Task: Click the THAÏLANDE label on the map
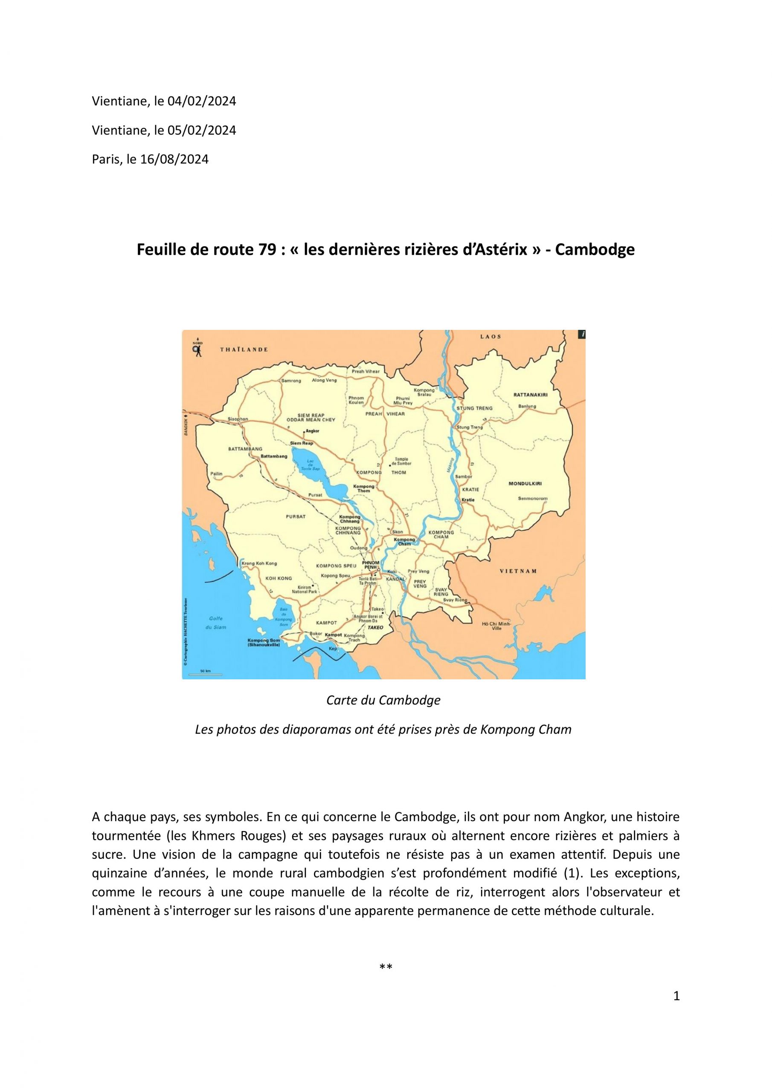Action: [244, 349]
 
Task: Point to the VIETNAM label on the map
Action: [518, 571]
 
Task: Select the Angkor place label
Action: [312, 431]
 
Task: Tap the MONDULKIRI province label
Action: [525, 484]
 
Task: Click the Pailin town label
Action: [216, 474]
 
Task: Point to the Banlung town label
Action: [527, 406]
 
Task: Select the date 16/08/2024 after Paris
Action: [174, 159]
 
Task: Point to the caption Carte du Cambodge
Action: [383, 700]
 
